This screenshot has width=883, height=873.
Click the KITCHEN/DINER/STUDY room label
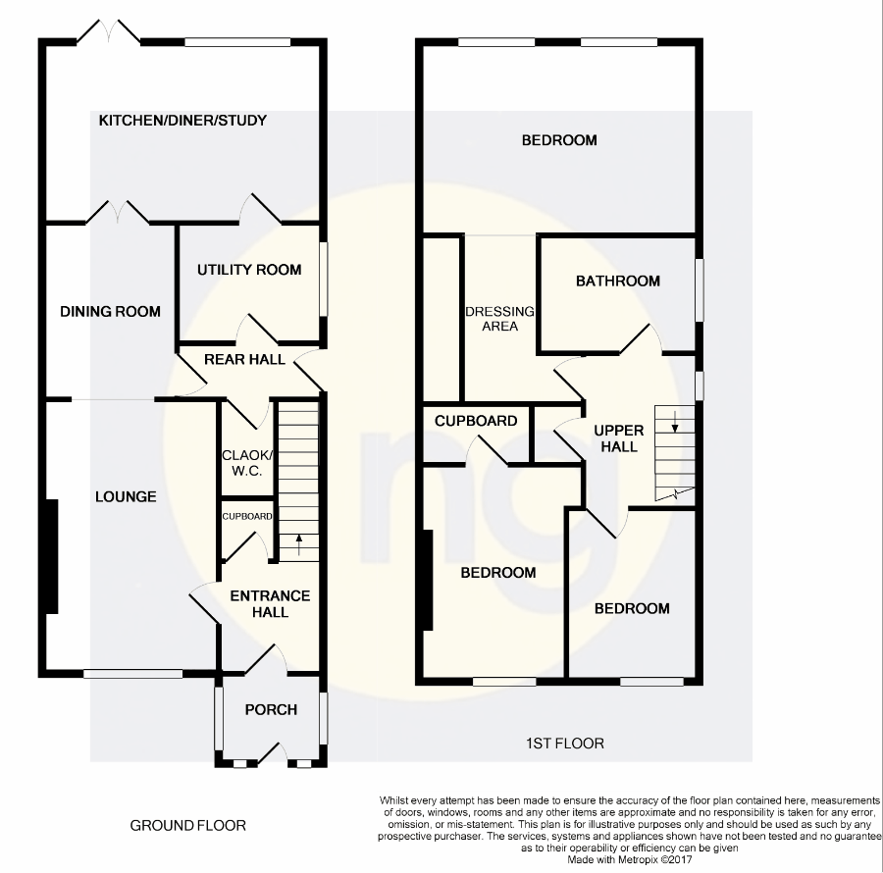182,121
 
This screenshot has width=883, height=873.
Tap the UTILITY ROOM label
249,270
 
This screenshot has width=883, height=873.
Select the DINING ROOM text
110,312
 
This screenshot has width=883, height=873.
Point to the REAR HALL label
244,360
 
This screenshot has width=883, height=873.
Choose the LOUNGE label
126,497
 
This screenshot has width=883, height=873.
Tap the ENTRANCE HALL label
270,604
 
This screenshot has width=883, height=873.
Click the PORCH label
270,710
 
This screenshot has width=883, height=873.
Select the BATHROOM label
618,282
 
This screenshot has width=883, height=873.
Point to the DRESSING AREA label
500,319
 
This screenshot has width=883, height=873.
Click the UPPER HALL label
619,438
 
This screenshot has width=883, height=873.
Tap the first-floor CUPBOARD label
476,421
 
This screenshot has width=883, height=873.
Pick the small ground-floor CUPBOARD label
246,516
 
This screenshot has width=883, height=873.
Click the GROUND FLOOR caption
188,826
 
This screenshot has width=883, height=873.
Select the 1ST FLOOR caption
563,744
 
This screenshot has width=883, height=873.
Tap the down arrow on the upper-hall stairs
676,424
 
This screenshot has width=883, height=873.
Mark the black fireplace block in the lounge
51,555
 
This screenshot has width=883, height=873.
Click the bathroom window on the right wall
700,289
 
